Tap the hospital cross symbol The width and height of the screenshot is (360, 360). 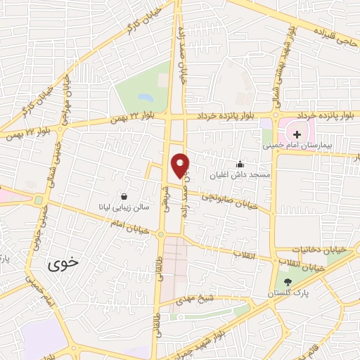pos(297,134)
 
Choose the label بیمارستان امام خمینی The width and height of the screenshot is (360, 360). pos(296,147)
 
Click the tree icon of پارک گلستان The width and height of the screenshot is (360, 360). pos(286,282)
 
